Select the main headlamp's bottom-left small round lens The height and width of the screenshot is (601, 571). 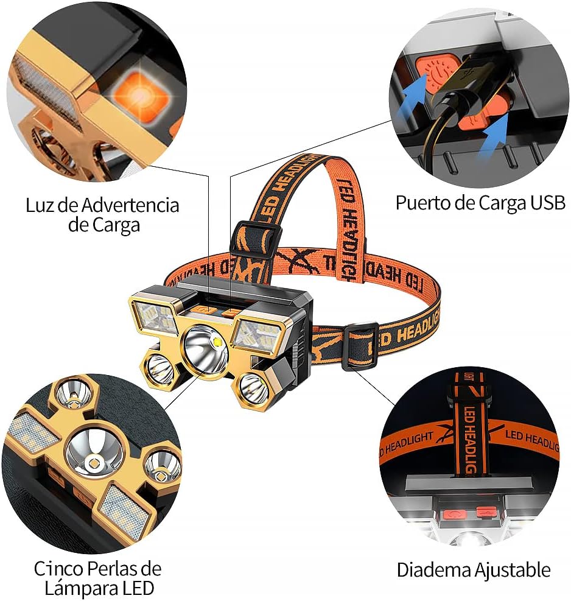click(x=159, y=367)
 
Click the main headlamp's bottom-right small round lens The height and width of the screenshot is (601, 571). click(x=252, y=388)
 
